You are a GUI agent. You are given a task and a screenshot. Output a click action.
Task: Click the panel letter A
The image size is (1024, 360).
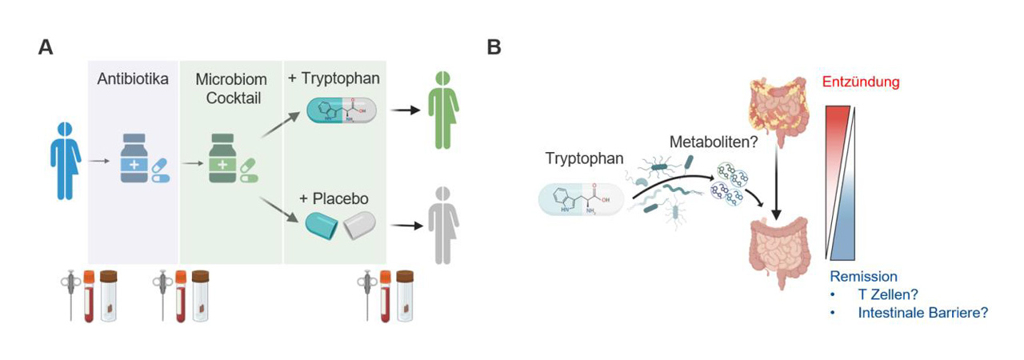point(46,47)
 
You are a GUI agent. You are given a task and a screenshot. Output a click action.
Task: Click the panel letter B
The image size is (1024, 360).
point(494,47)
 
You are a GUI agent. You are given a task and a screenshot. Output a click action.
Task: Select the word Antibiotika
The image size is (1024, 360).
point(132,80)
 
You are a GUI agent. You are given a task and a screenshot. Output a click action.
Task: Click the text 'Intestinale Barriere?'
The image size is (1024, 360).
point(922,313)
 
